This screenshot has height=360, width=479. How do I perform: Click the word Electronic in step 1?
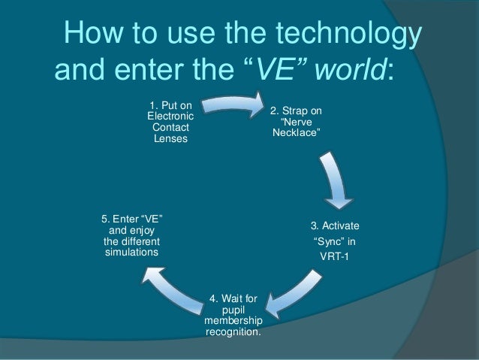(x=170, y=116)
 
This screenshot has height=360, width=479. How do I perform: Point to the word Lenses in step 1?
(x=170, y=139)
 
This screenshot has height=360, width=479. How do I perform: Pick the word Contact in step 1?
(x=170, y=128)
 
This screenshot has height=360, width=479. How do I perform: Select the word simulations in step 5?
(x=131, y=253)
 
